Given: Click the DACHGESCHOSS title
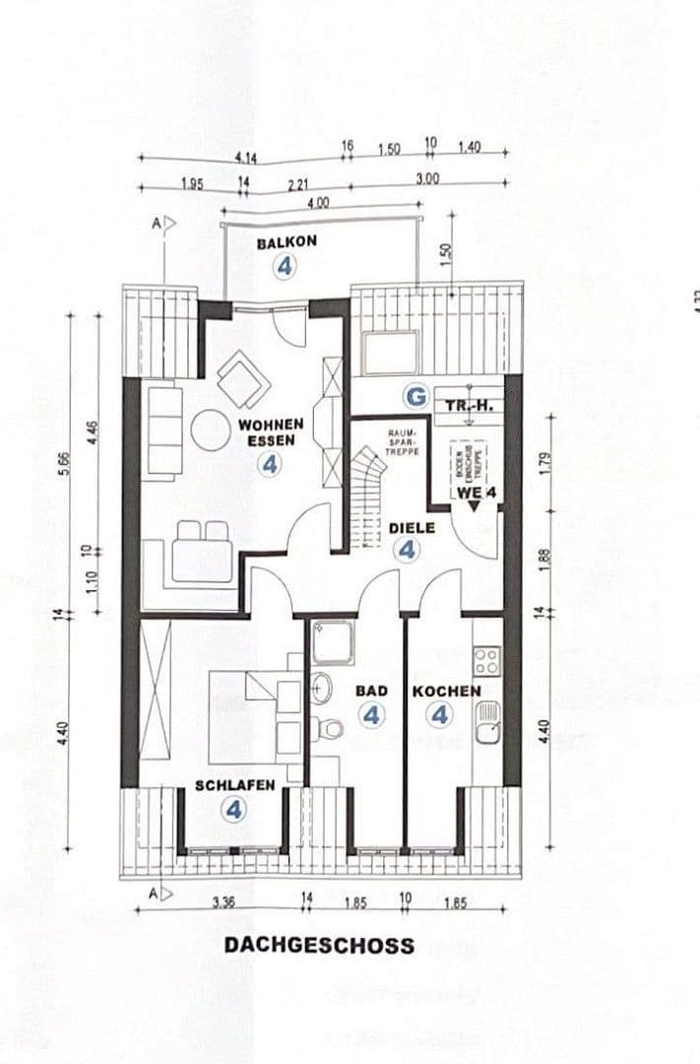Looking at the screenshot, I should tap(319, 946).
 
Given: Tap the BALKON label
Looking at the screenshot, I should tap(285, 242).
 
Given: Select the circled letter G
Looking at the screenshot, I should tap(417, 397).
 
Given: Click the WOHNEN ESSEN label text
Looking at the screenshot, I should tap(270, 432).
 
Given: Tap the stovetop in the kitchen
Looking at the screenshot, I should tap(486, 661).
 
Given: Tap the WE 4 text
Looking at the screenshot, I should tap(475, 493).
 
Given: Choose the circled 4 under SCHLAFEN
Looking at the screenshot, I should tap(233, 810).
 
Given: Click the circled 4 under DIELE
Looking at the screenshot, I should tap(406, 551).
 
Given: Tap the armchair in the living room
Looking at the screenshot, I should tap(240, 379).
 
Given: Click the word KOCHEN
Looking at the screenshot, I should tap(446, 692).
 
